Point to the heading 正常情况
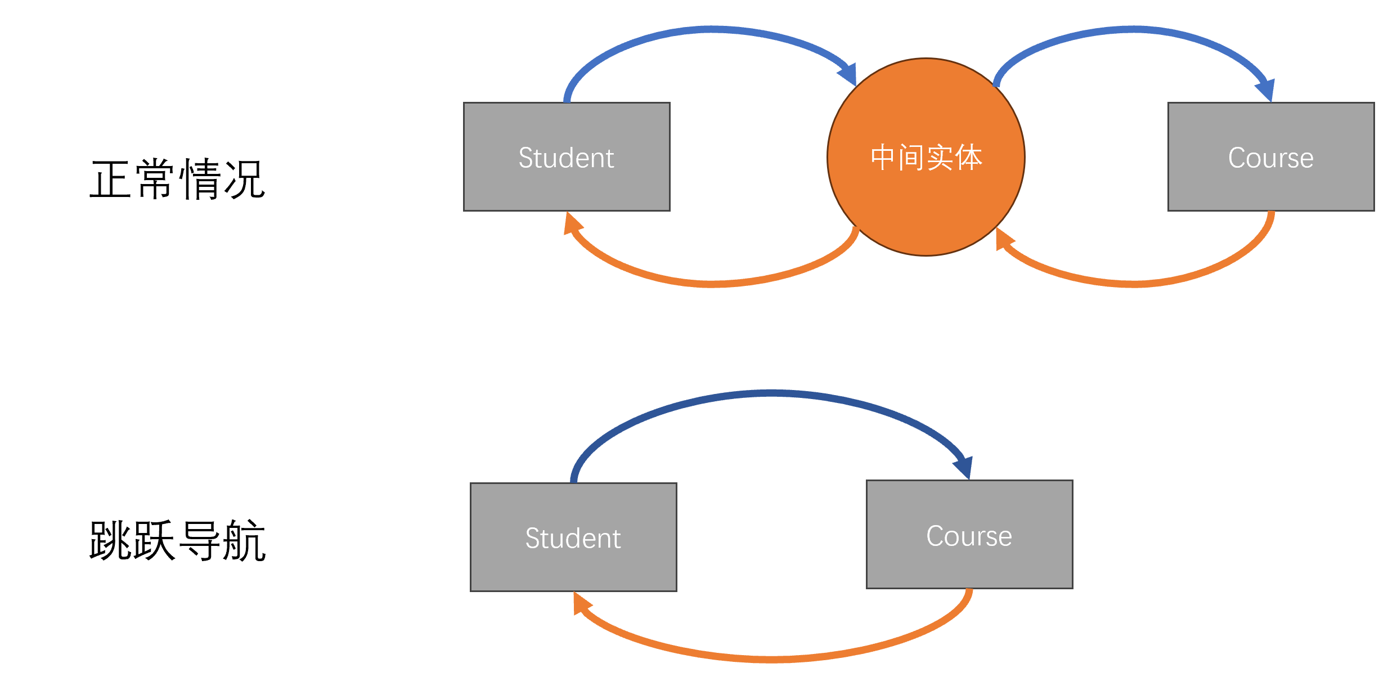(x=177, y=180)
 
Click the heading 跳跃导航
(x=177, y=540)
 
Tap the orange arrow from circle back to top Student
(x=712, y=284)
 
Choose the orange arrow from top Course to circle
(x=1134, y=284)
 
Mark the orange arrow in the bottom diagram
(x=771, y=659)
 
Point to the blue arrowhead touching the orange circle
(x=848, y=74)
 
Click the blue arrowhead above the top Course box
(x=1266, y=90)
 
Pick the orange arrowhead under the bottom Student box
(x=581, y=603)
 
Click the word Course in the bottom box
(x=969, y=536)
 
